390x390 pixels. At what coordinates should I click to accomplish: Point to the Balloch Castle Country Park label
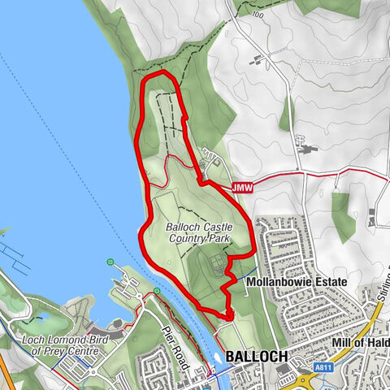click(199, 232)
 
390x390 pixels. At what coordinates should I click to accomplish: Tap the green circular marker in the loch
click(110, 262)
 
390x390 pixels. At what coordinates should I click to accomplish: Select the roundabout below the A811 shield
click(311, 381)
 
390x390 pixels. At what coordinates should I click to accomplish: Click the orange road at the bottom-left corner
click(6, 377)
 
